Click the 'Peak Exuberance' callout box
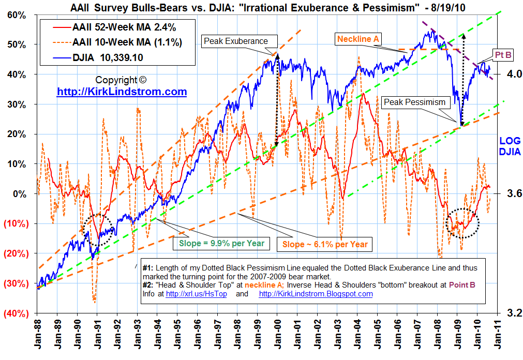coord(235,41)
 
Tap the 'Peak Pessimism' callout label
coord(414,102)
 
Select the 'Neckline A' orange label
coord(360,39)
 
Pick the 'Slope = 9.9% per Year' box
coord(222,244)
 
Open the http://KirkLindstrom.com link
coord(122,92)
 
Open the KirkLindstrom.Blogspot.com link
coord(316,294)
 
